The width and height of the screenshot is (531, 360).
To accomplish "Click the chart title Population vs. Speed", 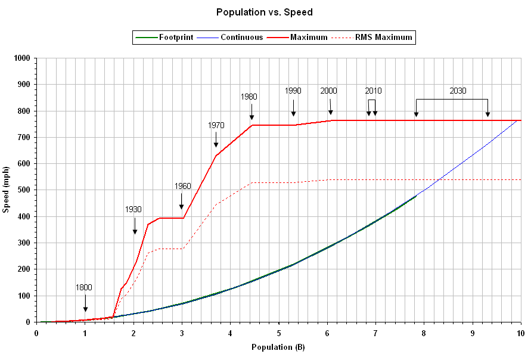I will [265, 12].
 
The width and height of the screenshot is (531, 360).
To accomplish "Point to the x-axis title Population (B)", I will [278, 347].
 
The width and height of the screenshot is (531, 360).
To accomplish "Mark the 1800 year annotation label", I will [83, 287].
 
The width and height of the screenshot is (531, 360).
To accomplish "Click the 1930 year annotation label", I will [133, 209].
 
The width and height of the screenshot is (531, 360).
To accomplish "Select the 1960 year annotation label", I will [183, 186].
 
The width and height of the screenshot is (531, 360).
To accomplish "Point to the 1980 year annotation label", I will [249, 96].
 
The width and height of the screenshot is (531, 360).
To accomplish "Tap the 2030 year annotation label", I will [458, 91].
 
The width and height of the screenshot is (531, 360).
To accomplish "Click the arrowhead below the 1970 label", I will [216, 144].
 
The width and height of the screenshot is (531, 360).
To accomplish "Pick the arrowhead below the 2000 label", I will [330, 112].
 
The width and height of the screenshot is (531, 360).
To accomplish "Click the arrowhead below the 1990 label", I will [293, 113].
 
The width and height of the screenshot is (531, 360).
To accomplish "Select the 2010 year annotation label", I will [374, 91].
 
